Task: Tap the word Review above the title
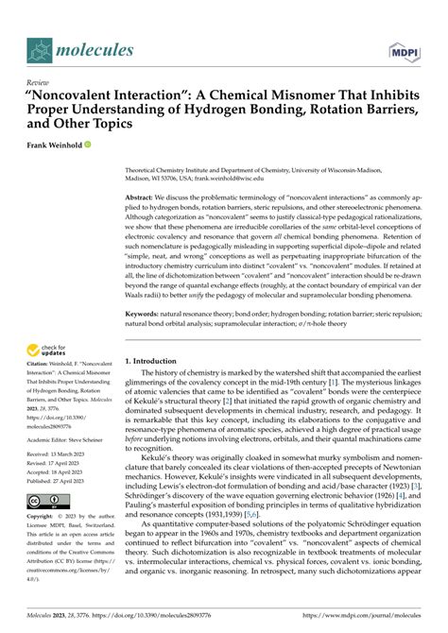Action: coord(39,83)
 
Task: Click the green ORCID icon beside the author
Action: coord(88,146)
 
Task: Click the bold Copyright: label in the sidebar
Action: coord(43,518)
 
